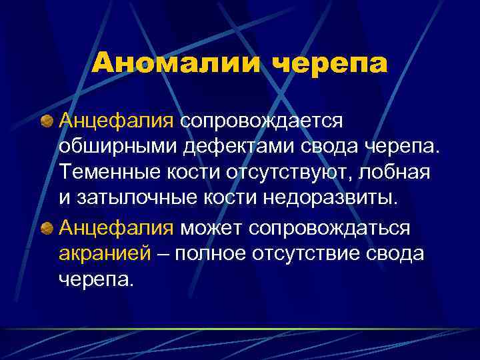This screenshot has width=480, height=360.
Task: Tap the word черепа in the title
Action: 329,64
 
